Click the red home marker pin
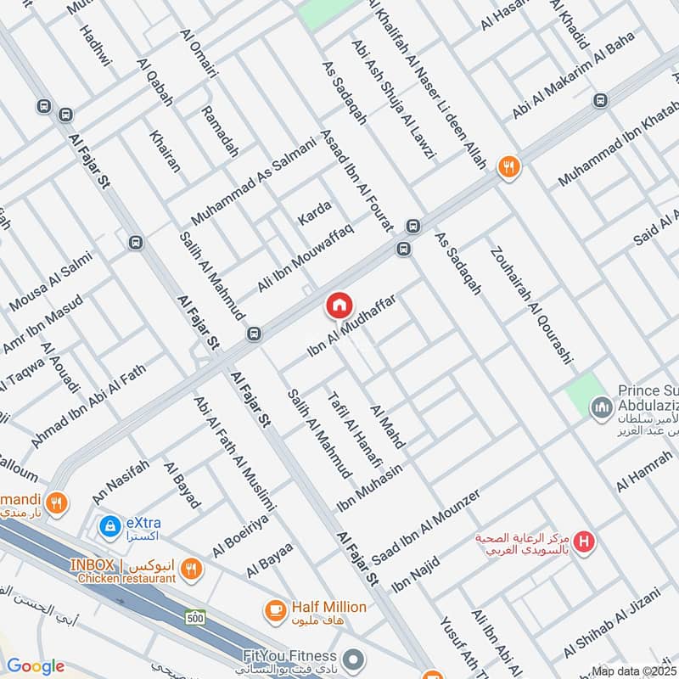[338, 306]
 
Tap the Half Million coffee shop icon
[275, 609]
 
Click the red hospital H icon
[583, 540]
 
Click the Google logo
[35, 666]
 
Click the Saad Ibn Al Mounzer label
[425, 520]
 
